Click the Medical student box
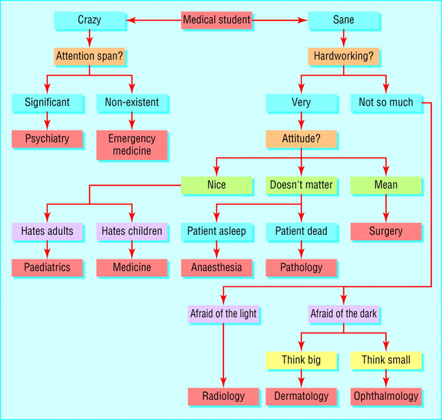[217, 20]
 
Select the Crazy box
[89, 20]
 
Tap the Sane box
[343, 20]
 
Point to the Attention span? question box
[89, 56]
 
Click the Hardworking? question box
[343, 56]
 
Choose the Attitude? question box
[301, 139]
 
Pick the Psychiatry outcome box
[46, 139]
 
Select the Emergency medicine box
[131, 145]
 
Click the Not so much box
[385, 102]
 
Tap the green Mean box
[385, 185]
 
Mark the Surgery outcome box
[385, 231]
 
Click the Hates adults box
[46, 231]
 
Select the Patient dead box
[301, 231]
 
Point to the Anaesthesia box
[216, 267]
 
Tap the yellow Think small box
[385, 360]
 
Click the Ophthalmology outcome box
[385, 396]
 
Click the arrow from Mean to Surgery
[385, 208]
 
